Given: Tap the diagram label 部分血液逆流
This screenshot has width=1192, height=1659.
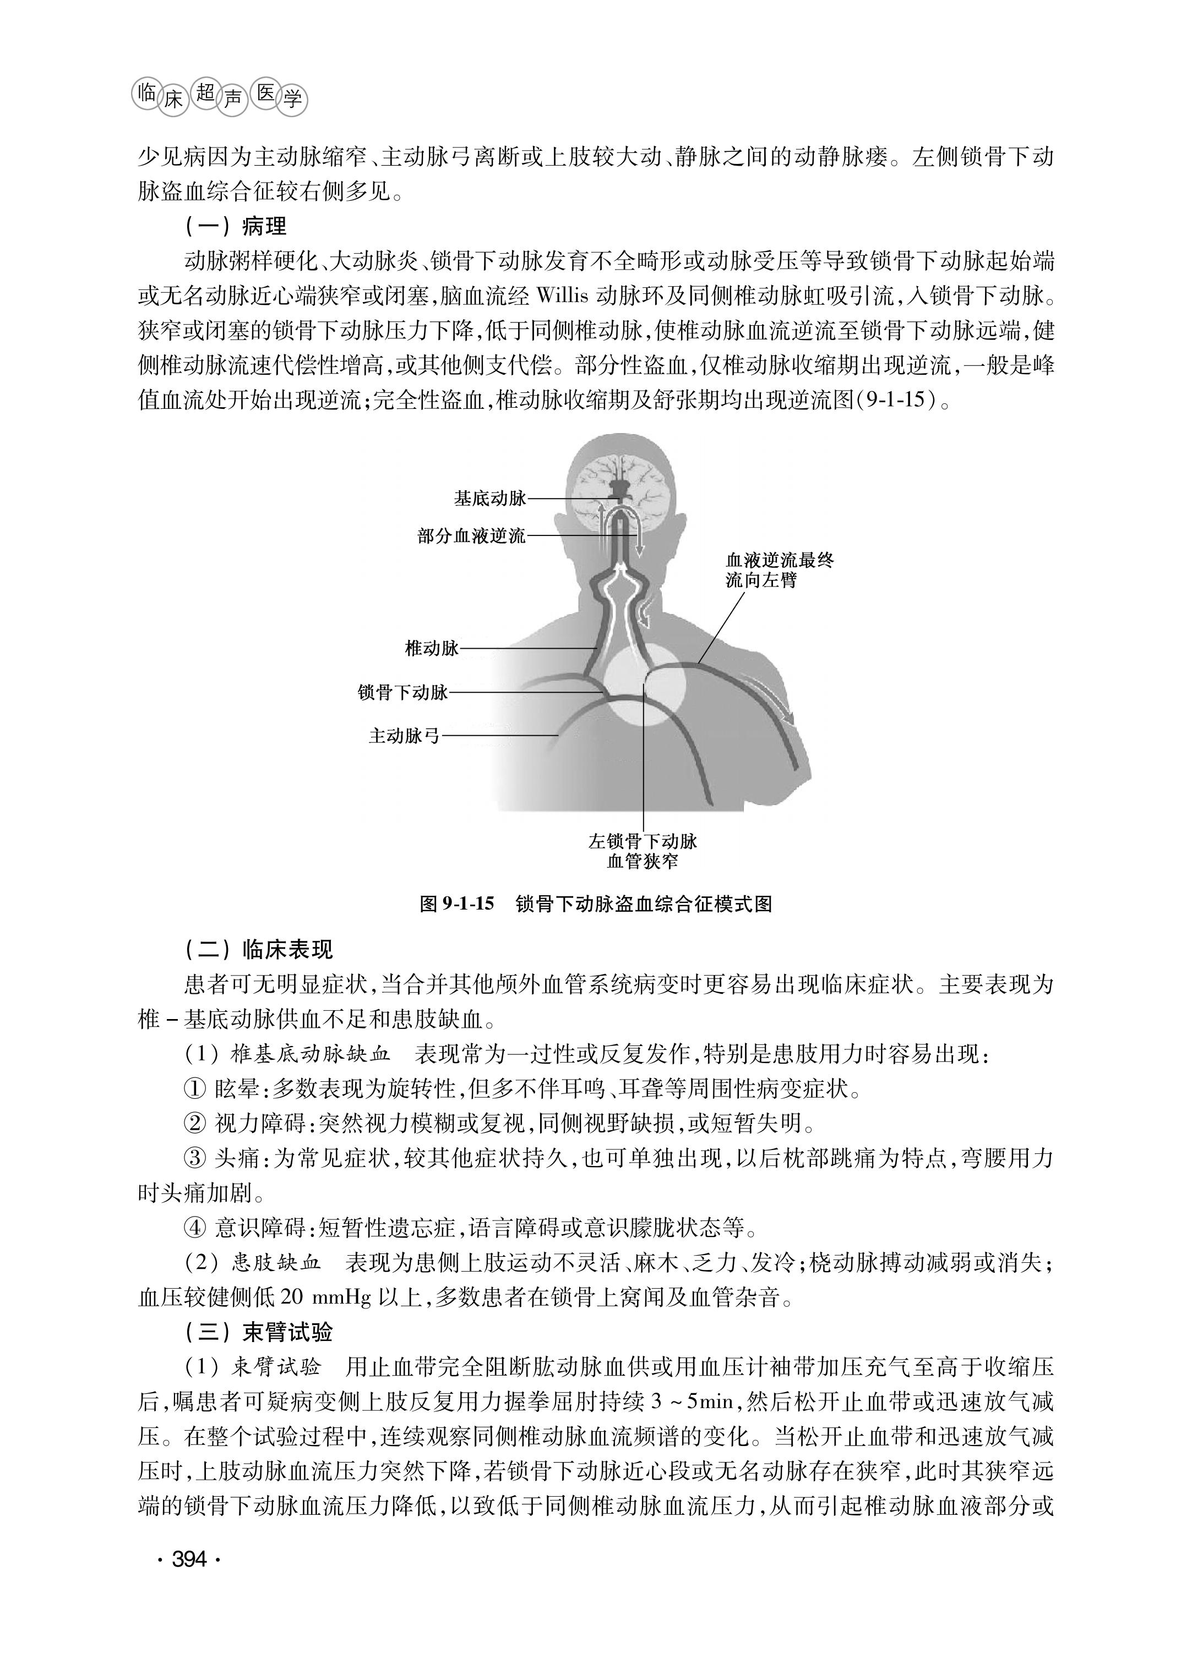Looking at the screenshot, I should tap(471, 535).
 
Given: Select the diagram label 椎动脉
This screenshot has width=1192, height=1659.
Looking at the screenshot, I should tap(432, 647).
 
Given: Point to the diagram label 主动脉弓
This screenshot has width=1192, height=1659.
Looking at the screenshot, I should tap(404, 735).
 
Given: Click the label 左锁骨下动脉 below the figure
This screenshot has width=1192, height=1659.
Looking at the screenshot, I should tap(643, 841).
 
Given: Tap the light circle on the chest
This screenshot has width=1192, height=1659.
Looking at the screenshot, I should tap(644, 684).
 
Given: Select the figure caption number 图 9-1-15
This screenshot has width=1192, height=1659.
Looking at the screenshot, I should tap(456, 904).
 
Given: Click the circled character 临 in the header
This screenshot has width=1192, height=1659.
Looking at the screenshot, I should tap(146, 93).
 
